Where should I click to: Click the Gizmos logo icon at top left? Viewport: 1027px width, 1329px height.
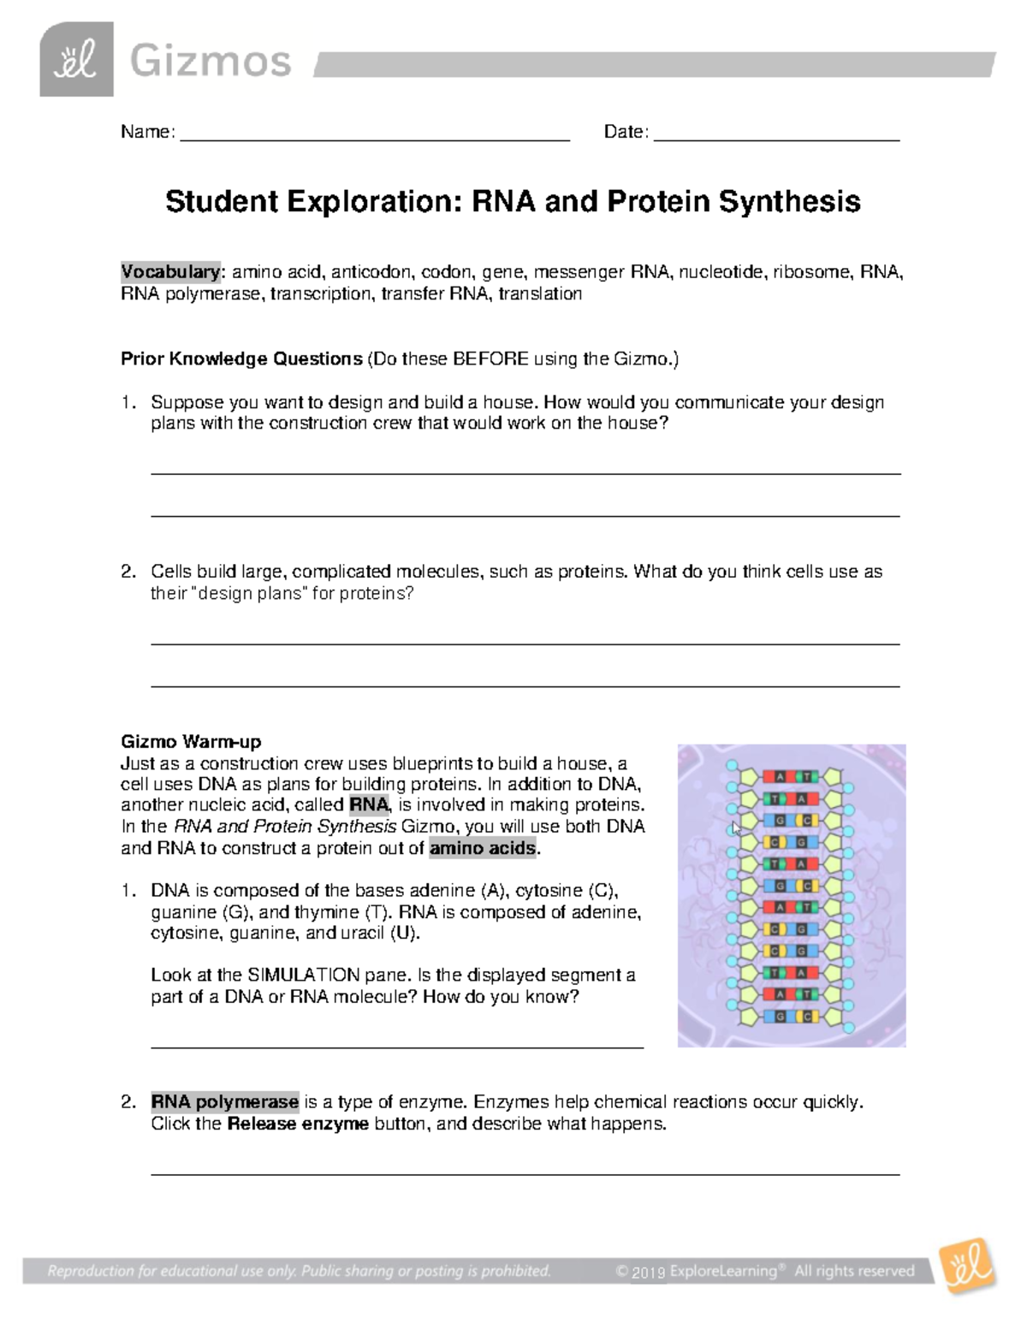76,60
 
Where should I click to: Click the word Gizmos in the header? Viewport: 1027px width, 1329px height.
210,62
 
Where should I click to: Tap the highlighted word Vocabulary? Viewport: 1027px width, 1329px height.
170,272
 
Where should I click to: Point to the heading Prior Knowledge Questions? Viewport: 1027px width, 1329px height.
241,359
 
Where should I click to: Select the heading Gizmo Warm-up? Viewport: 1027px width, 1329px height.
191,741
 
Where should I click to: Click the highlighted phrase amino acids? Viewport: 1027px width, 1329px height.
483,848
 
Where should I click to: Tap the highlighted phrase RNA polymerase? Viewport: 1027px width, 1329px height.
224,1101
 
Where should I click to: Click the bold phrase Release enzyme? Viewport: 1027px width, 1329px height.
298,1124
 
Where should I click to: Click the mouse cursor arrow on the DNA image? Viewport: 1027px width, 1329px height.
736,828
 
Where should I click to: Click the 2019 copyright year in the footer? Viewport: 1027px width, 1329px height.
649,1273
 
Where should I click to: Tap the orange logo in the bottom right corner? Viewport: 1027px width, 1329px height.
968,1265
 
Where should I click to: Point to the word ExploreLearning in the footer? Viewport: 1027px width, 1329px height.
724,1271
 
